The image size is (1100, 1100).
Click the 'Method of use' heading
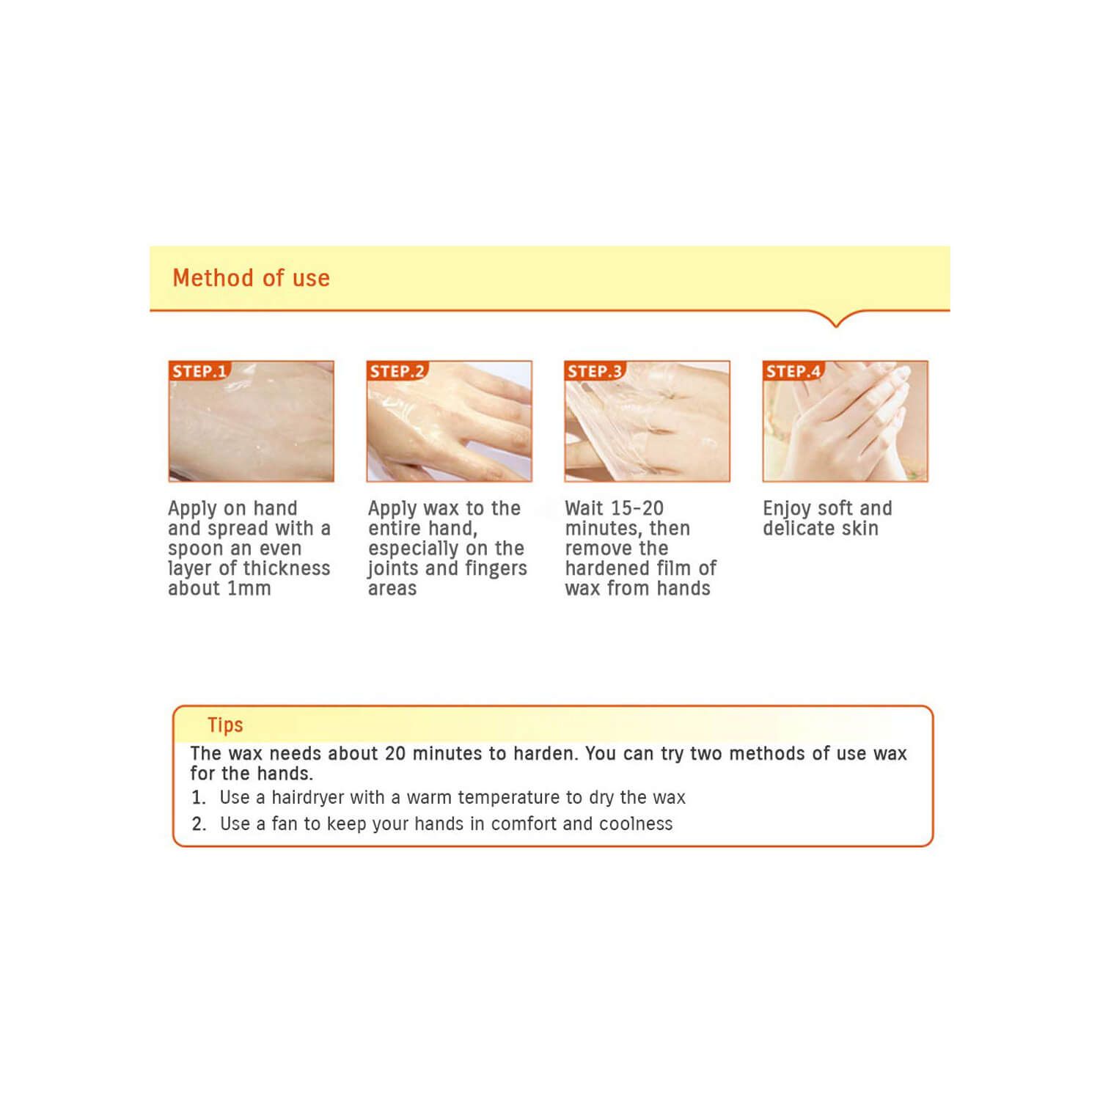pyautogui.click(x=251, y=278)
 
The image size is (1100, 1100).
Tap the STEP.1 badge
pyautogui.click(x=199, y=371)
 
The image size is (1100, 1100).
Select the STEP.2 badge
pyautogui.click(x=397, y=371)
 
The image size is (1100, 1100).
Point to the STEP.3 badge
pyautogui.click(x=595, y=371)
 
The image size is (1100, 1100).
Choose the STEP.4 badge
pyautogui.click(x=793, y=371)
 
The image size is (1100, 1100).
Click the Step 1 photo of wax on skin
pyautogui.click(x=251, y=421)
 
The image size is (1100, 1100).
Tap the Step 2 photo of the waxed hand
pyautogui.click(x=449, y=421)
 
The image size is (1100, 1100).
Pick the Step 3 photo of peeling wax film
pyautogui.click(x=647, y=421)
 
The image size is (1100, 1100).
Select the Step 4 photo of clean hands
pyautogui.click(x=845, y=421)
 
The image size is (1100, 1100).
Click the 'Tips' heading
pyautogui.click(x=225, y=725)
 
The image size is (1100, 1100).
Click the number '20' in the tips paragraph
pyautogui.click(x=395, y=753)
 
